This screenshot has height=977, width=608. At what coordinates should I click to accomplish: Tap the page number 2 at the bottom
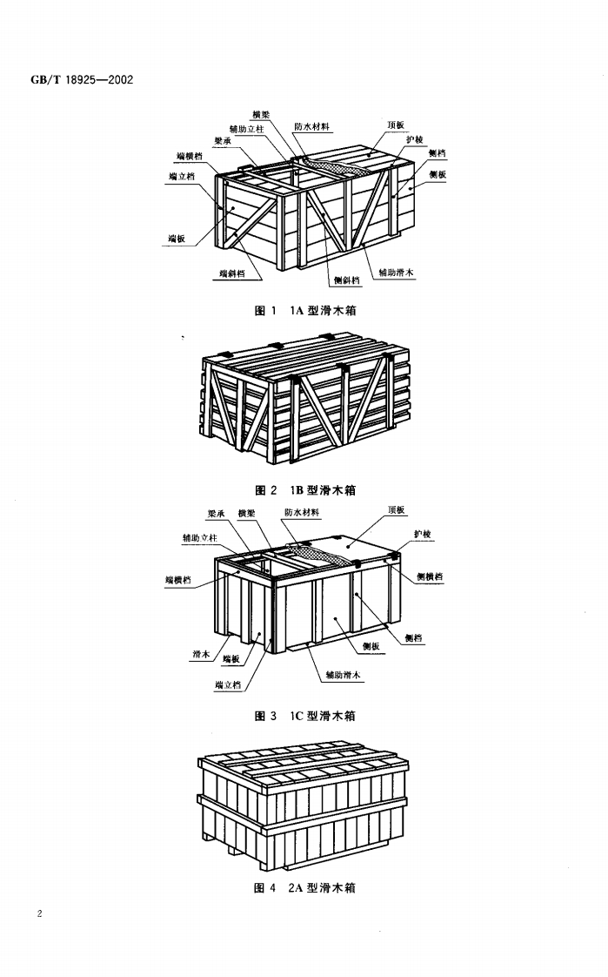point(41,913)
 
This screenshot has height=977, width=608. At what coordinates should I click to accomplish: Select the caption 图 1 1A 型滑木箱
point(304,311)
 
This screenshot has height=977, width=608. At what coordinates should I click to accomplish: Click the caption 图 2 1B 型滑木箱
point(304,490)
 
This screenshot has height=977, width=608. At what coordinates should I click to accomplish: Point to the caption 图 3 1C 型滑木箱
point(304,716)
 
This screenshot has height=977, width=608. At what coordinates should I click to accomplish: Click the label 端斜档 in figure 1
point(231,273)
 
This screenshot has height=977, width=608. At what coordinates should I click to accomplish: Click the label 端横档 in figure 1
point(190,156)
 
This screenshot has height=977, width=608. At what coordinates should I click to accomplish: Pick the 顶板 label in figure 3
point(397,510)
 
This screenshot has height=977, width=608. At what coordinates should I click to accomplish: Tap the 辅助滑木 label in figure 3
point(343,675)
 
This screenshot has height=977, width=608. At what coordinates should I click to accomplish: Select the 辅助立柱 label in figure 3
point(199,538)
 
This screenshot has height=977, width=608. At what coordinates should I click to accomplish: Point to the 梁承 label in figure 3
point(216,512)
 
